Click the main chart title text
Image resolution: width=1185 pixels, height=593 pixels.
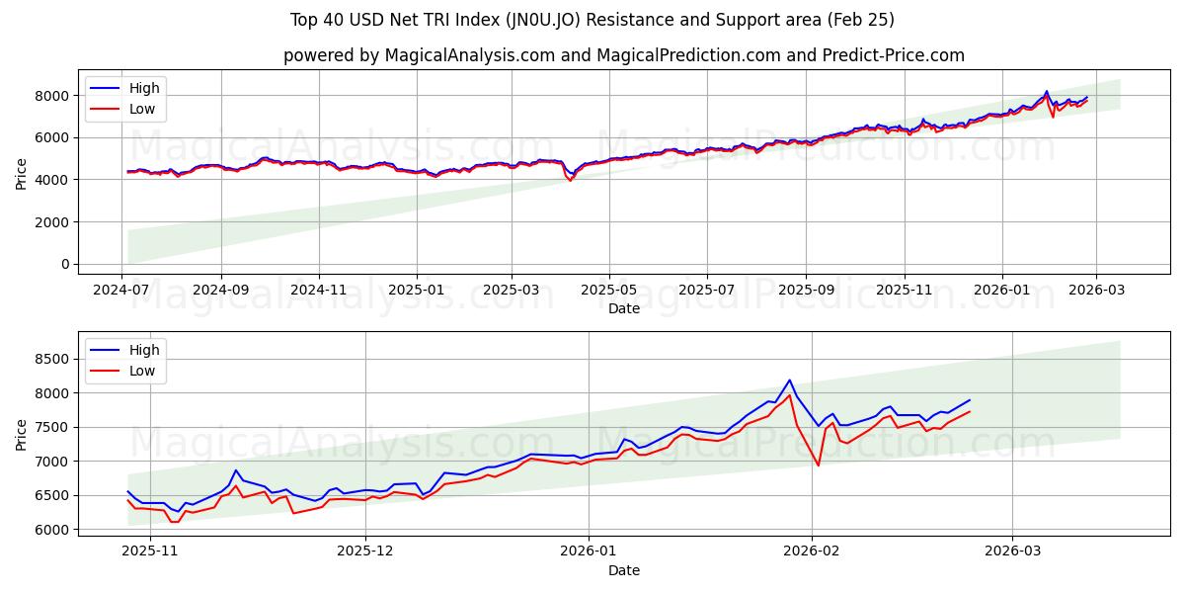coord(592,20)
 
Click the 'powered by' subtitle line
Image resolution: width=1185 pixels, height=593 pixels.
coord(624,55)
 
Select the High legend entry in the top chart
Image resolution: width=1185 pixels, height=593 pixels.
coord(144,88)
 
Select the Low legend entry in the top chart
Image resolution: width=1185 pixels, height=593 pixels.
coord(142,109)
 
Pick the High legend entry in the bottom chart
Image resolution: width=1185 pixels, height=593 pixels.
coord(144,350)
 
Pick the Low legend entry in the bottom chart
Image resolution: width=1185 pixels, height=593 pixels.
coord(142,371)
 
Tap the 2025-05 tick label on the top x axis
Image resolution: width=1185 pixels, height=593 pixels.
coord(608,289)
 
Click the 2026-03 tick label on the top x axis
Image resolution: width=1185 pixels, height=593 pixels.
coord(1098,289)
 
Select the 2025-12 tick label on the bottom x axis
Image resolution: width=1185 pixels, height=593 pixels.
coord(365,551)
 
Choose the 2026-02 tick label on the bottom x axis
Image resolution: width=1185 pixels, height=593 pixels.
coord(811,551)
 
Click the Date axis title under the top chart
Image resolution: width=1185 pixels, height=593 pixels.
coord(624,308)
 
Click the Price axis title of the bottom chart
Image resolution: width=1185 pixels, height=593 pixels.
coord(22,434)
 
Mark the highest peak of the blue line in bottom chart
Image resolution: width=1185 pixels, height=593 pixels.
coord(789,381)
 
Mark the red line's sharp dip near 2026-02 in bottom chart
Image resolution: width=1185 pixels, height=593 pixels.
coord(818,466)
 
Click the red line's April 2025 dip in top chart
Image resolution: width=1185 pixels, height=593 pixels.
coord(570,180)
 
